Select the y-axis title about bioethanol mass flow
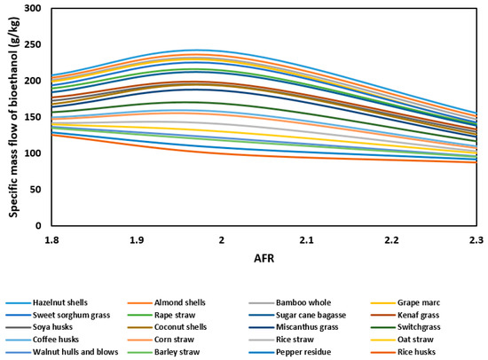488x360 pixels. pos(13,115)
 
